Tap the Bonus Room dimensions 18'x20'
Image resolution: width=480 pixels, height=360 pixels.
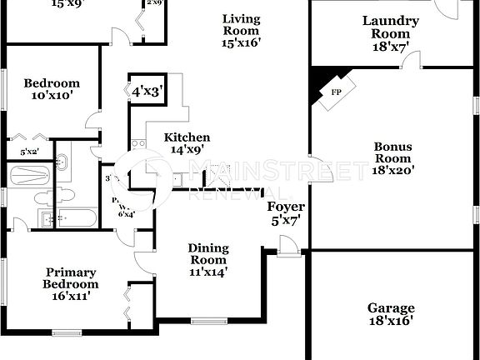pos(392,170)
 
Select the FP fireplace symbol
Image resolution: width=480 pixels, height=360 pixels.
pos(337,92)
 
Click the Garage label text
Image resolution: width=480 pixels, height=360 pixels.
pos(391,308)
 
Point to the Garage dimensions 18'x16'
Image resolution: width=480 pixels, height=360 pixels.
pos(391,320)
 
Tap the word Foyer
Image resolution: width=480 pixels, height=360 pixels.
pos(285,207)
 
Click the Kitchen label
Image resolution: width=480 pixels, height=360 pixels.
pos(187,137)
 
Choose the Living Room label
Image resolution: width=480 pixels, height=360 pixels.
pos(242,25)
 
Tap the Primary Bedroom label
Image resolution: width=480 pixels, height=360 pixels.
pos(71,277)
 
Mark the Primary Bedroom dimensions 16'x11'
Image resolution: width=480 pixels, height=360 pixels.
pos(71,294)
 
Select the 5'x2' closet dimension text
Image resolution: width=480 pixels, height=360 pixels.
pos(29,151)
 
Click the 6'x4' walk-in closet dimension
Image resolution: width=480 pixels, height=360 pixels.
pos(127,213)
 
